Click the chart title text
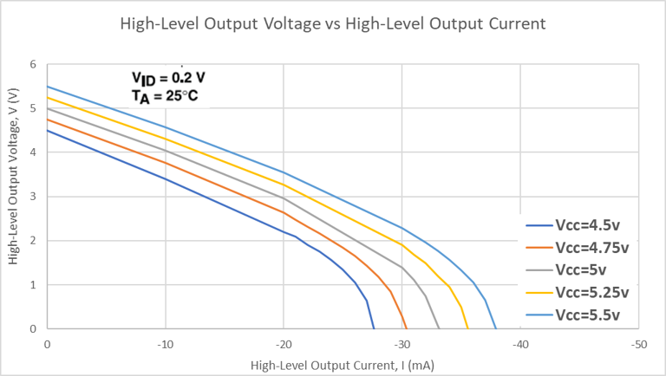pos(332,23)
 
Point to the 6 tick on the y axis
pos(34,64)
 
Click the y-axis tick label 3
pos(34,197)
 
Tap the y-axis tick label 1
pos(34,285)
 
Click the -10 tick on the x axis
pos(165,344)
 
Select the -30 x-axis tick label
pos(402,344)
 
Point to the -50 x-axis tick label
pos(638,344)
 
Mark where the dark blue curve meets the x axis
pos(374,328)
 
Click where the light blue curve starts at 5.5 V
pos(48,87)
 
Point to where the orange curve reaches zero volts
pos(407,328)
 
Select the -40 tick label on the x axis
pos(519,344)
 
